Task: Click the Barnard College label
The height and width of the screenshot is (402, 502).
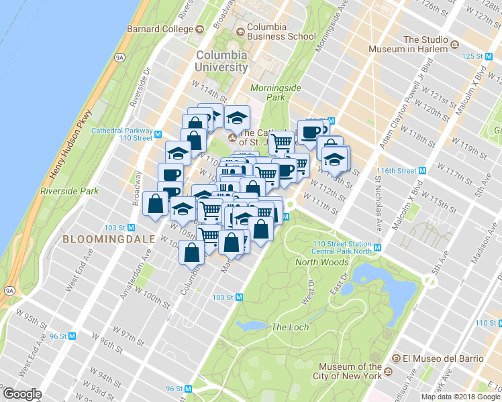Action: (x=160, y=29)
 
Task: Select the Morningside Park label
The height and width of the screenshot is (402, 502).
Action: (x=268, y=92)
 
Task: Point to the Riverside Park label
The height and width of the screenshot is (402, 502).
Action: (x=69, y=191)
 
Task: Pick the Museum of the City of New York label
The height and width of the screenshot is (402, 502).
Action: (x=350, y=371)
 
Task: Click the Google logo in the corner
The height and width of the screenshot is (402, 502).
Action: (x=22, y=394)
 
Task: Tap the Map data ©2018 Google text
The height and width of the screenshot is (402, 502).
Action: (x=460, y=397)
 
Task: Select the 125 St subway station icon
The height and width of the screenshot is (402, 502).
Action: (x=491, y=57)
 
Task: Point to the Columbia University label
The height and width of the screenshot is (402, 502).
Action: (x=221, y=61)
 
